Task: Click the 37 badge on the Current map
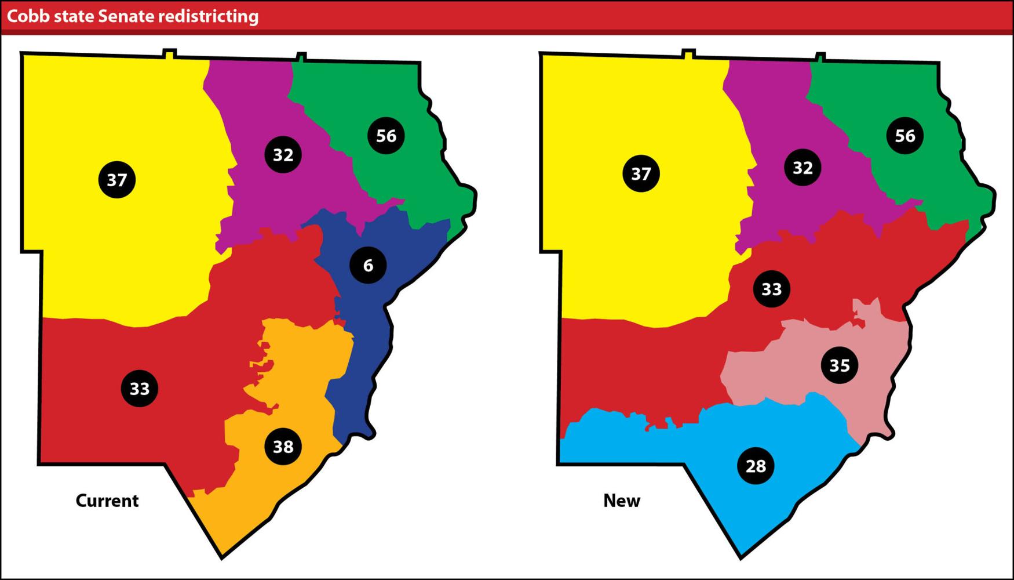117,180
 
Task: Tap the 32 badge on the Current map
283,155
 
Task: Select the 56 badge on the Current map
386,136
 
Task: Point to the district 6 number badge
368,265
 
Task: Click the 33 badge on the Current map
140,388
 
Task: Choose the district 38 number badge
283,447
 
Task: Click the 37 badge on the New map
641,173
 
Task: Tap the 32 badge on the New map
803,168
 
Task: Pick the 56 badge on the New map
905,136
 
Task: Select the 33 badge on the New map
771,289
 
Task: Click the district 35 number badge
840,365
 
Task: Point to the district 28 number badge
756,466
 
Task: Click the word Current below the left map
107,501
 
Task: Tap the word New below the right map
622,501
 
